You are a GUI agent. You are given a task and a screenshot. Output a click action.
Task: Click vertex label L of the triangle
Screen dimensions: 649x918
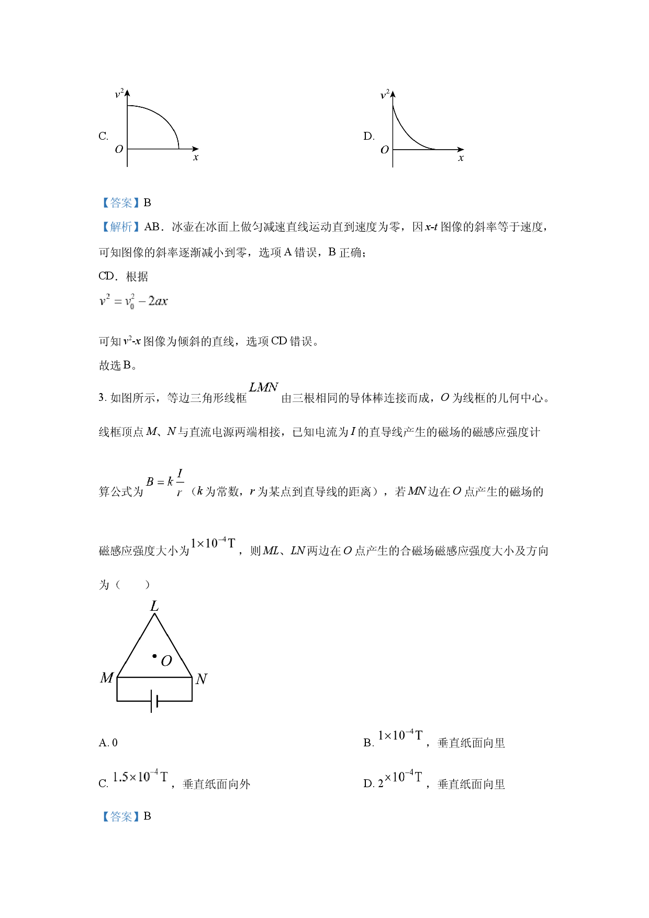[x=154, y=606]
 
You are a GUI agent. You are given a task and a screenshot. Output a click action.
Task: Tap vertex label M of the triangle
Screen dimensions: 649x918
[x=107, y=678]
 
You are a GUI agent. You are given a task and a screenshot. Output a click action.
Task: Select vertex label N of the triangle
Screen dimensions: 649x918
[x=202, y=679]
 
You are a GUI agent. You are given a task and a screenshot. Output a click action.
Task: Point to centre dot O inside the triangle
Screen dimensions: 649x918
[x=154, y=656]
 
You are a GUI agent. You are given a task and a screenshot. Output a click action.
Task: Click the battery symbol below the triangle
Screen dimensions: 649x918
[x=154, y=701]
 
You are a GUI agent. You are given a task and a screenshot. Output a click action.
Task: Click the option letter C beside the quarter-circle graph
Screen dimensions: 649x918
[x=103, y=137]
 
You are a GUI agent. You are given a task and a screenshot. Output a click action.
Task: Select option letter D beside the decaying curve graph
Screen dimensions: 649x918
[x=369, y=137]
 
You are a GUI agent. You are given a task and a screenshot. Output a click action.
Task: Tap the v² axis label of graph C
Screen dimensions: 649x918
[x=119, y=93]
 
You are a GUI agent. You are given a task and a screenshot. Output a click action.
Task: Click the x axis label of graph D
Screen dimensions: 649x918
[x=461, y=158]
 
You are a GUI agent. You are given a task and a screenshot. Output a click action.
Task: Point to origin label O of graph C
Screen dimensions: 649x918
[x=119, y=149]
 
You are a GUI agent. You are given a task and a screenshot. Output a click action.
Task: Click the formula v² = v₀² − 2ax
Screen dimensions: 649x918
[x=133, y=301]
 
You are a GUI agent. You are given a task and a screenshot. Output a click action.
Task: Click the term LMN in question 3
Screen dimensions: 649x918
[x=263, y=387]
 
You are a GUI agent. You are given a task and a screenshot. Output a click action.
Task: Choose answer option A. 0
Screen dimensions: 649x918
[x=108, y=743]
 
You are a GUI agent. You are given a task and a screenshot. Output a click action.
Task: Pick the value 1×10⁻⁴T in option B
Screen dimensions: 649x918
[x=400, y=735]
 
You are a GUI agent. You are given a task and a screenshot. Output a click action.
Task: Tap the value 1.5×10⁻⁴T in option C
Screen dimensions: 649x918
[x=140, y=776]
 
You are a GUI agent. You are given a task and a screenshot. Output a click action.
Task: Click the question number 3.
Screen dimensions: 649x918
[x=102, y=397]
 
